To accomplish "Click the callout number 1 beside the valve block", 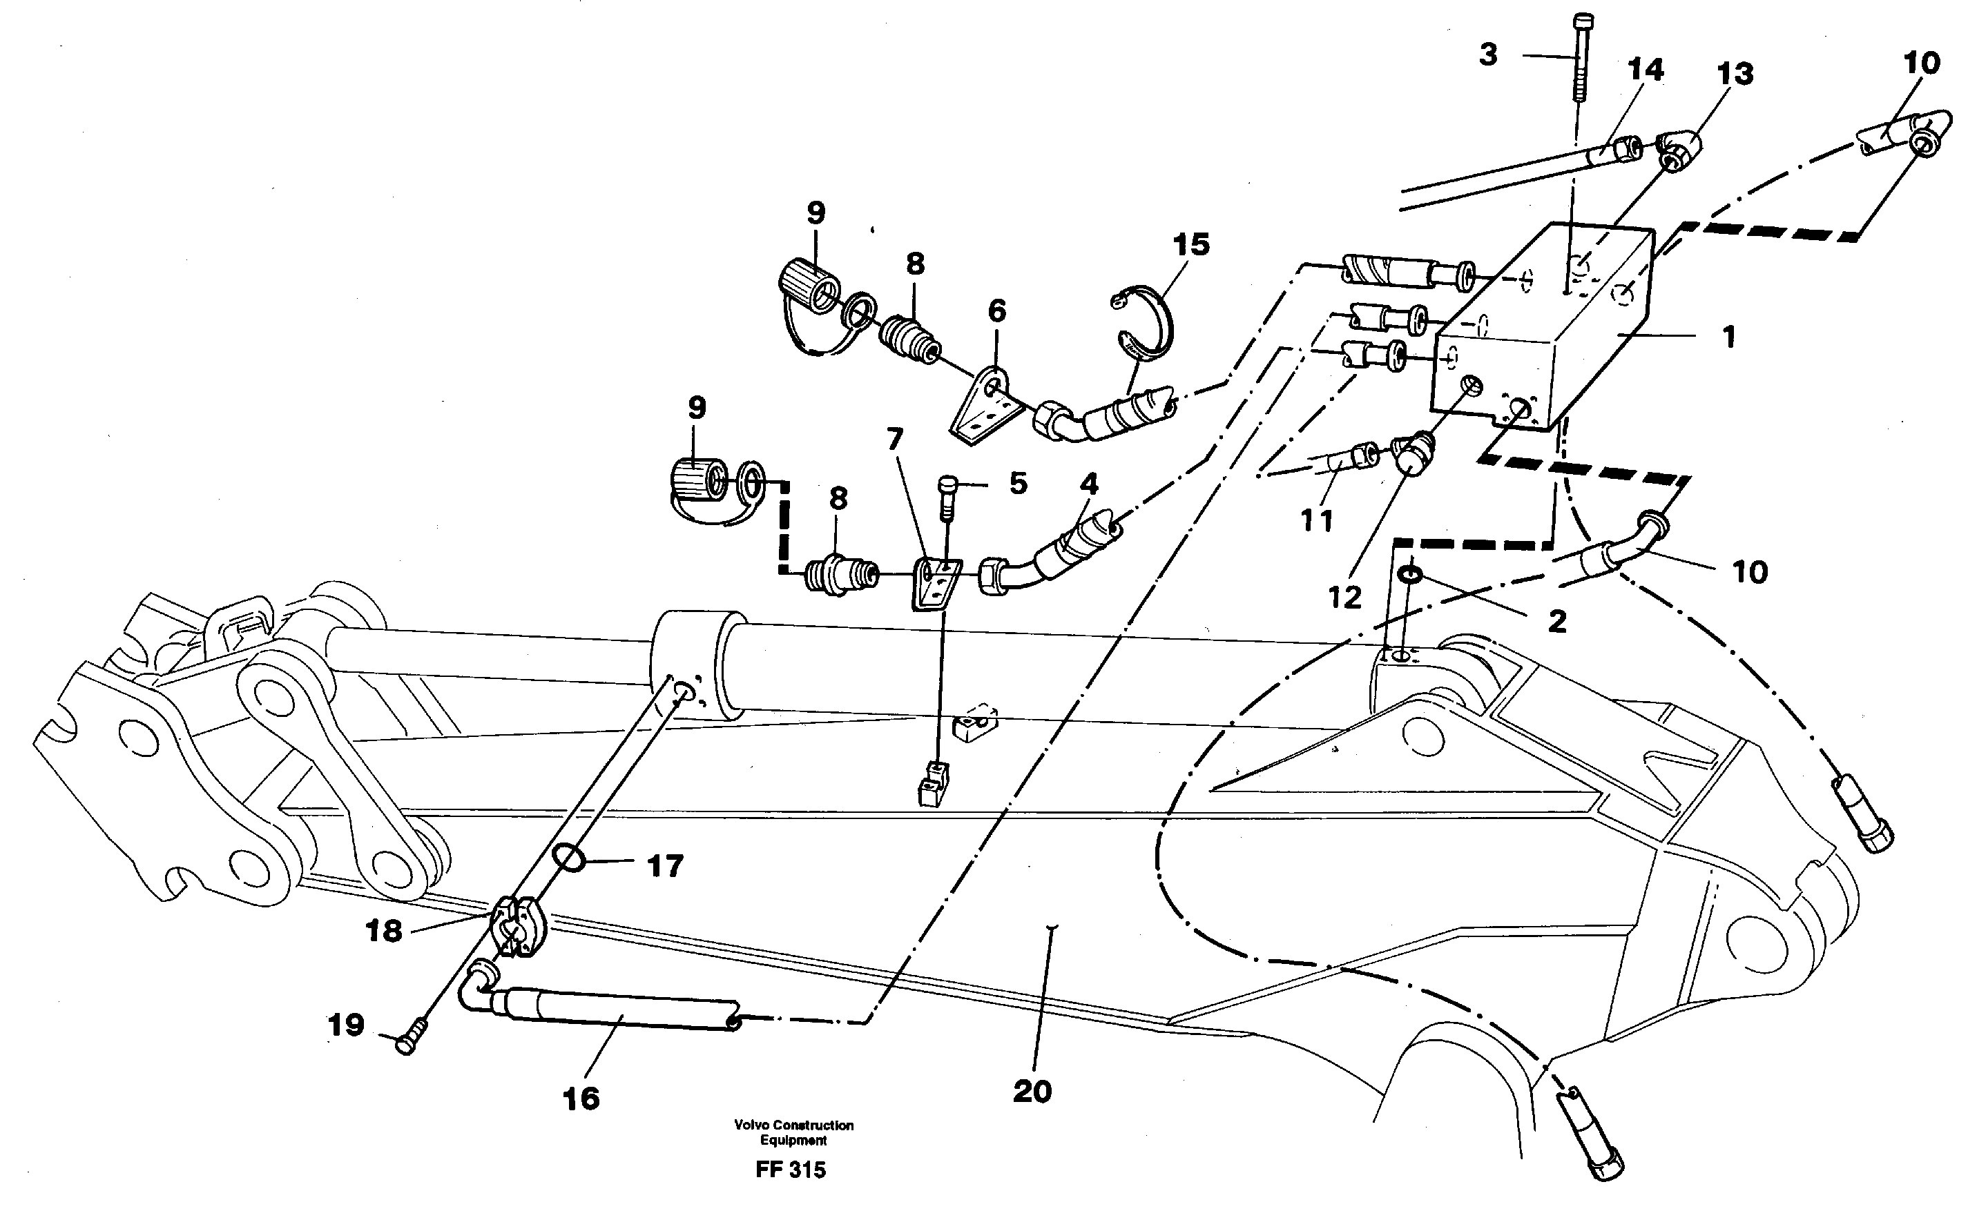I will point(1728,337).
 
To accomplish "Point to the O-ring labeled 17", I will point(571,858).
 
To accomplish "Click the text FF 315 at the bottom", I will point(790,1170).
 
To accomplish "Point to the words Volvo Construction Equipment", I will point(793,1132).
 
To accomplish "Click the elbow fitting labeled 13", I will point(1679,150).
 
